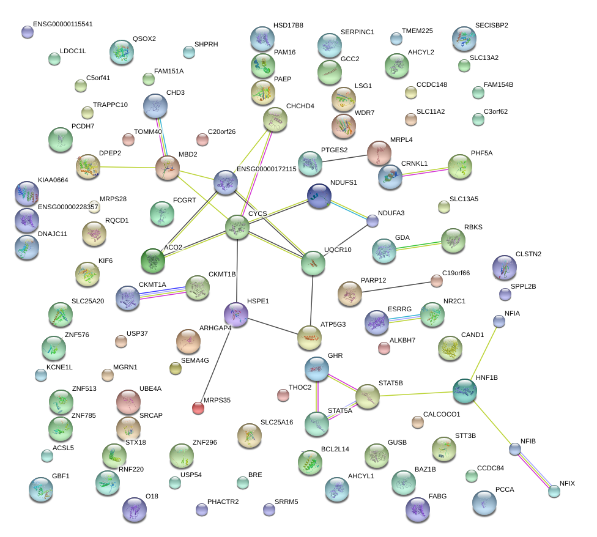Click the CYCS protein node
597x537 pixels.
pos(237,227)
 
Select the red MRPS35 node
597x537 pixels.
pos(198,407)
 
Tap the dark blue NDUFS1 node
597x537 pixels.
pos(319,196)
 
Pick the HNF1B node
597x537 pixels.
pos(465,390)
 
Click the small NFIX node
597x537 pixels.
pos(554,491)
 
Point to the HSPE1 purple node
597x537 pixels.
pos(237,314)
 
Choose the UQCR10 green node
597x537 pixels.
pos(313,264)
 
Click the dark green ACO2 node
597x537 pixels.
pos(153,261)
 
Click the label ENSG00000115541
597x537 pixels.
pos(63,24)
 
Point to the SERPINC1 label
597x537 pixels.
pos(357,32)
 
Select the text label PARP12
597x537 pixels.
pos(373,280)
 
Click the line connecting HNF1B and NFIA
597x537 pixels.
pos(483,354)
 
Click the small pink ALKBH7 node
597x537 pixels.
pos(384,349)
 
